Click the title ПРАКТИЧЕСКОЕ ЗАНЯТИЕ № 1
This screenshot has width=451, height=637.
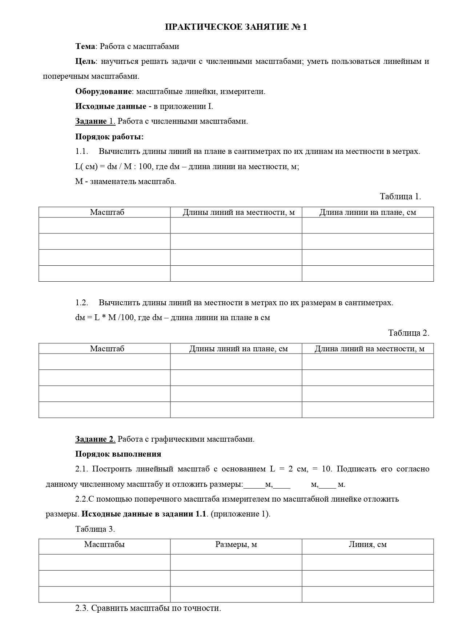tap(236, 27)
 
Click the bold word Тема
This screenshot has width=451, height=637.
tap(85, 46)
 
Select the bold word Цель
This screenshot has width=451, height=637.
tap(86, 61)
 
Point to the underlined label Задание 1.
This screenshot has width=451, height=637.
tap(95, 121)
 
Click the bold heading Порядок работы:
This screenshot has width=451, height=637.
tap(109, 137)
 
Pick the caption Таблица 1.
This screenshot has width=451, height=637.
tap(400, 196)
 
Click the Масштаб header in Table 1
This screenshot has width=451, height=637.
tap(107, 212)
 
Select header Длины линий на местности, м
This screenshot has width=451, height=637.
tap(238, 212)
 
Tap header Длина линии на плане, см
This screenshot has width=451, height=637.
tap(367, 212)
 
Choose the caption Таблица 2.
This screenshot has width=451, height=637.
tap(408, 333)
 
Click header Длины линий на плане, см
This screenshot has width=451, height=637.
tap(238, 349)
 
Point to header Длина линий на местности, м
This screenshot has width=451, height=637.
tap(369, 349)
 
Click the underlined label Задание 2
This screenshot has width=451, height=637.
tap(95, 439)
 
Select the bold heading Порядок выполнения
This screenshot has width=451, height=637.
tap(118, 454)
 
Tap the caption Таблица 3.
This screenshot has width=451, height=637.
tap(95, 529)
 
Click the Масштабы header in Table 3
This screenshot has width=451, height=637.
tap(104, 544)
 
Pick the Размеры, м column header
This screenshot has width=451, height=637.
tap(236, 544)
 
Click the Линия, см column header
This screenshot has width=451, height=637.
tap(367, 544)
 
